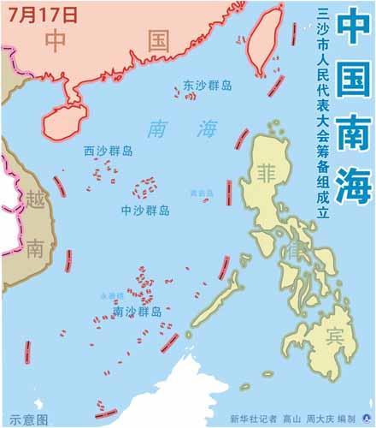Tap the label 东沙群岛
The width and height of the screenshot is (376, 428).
(209, 86)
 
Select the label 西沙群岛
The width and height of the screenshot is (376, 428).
(108, 151)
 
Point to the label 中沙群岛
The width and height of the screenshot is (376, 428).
(144, 209)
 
